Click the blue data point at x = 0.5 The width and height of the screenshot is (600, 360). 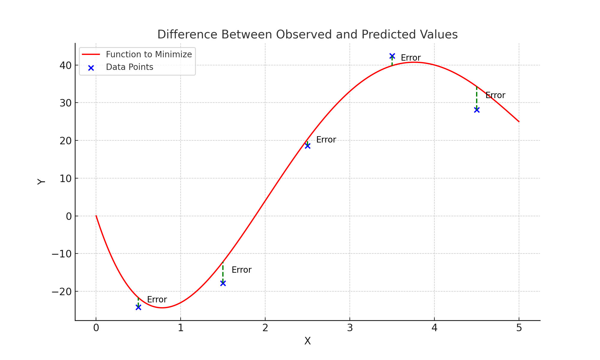[138, 307]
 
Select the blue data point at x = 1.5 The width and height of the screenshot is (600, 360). [223, 283]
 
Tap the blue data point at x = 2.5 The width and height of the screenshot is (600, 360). [307, 146]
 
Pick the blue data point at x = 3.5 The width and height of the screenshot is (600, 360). [392, 56]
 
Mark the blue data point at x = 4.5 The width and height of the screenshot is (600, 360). [477, 110]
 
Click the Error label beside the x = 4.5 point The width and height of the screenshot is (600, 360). [495, 95]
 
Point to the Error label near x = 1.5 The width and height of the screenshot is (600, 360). [241, 270]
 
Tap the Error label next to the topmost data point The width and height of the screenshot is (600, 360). [411, 58]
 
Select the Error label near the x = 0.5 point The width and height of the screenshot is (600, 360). [157, 300]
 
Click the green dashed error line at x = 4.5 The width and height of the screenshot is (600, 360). [477, 98]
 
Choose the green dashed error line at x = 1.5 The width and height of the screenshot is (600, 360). [223, 272]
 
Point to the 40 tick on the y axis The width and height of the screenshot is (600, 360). [65, 65]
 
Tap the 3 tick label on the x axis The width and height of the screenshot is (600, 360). [350, 328]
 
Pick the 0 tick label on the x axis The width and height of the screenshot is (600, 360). [96, 328]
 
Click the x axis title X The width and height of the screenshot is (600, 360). [307, 341]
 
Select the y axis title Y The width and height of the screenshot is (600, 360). [41, 182]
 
